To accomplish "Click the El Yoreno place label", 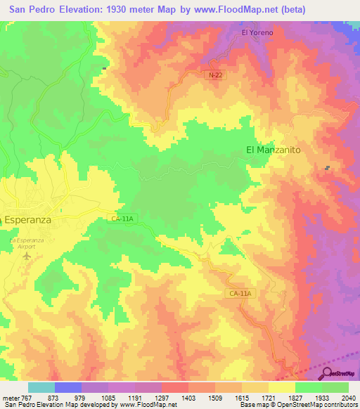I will [257, 32].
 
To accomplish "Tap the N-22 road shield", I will [216, 74].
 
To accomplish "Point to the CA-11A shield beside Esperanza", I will [122, 219].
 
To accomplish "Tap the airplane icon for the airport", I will [27, 256].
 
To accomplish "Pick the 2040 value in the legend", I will [348, 398].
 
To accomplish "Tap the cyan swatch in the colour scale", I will [41, 387].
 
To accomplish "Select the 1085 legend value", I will [108, 398].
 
